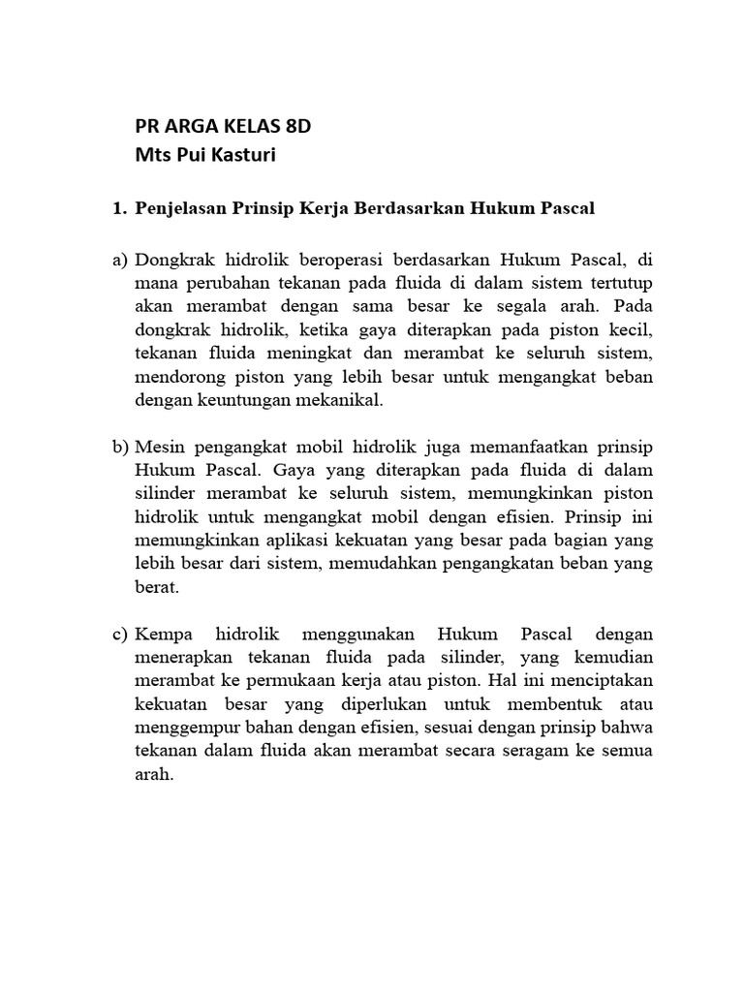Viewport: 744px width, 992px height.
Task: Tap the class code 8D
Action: [x=294, y=126]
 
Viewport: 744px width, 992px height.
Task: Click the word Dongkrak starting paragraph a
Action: [x=176, y=261]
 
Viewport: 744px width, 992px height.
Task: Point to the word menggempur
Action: [x=187, y=727]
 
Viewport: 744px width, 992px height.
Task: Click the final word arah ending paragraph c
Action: [x=154, y=774]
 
